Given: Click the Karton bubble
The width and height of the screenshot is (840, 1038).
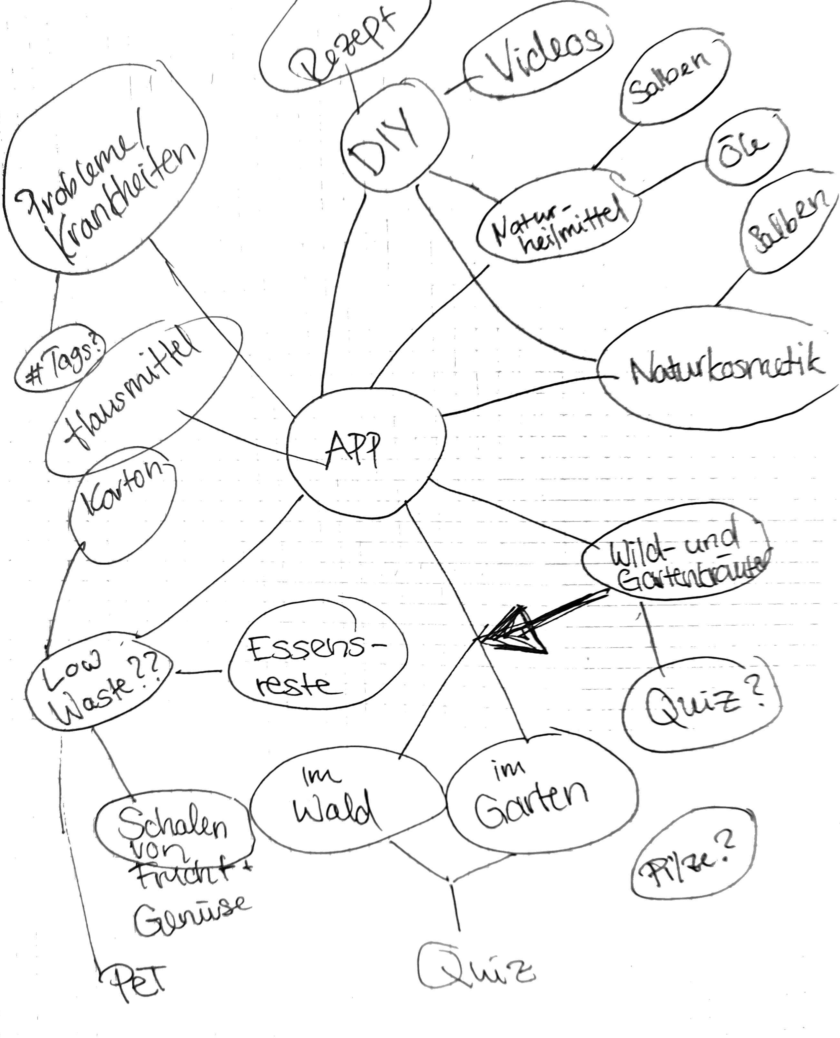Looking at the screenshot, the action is pos(123,506).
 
